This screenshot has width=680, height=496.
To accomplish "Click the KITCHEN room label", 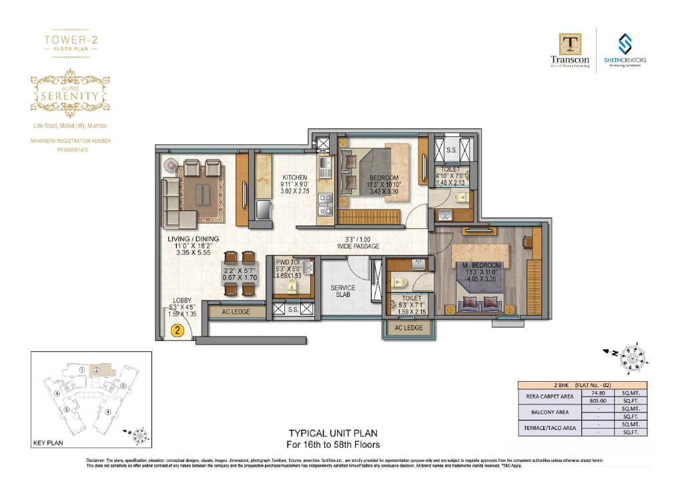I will [294, 178].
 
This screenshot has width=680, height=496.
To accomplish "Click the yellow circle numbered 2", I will [177, 329].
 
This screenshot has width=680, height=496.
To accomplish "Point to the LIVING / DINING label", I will [194, 239].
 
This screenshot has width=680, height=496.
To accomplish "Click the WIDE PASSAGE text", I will [358, 247].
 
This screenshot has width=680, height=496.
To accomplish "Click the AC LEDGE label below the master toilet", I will [408, 328].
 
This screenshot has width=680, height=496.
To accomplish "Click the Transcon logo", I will [570, 52].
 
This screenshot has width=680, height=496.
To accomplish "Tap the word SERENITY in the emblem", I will [70, 95].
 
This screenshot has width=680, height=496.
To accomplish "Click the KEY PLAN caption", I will [47, 443].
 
